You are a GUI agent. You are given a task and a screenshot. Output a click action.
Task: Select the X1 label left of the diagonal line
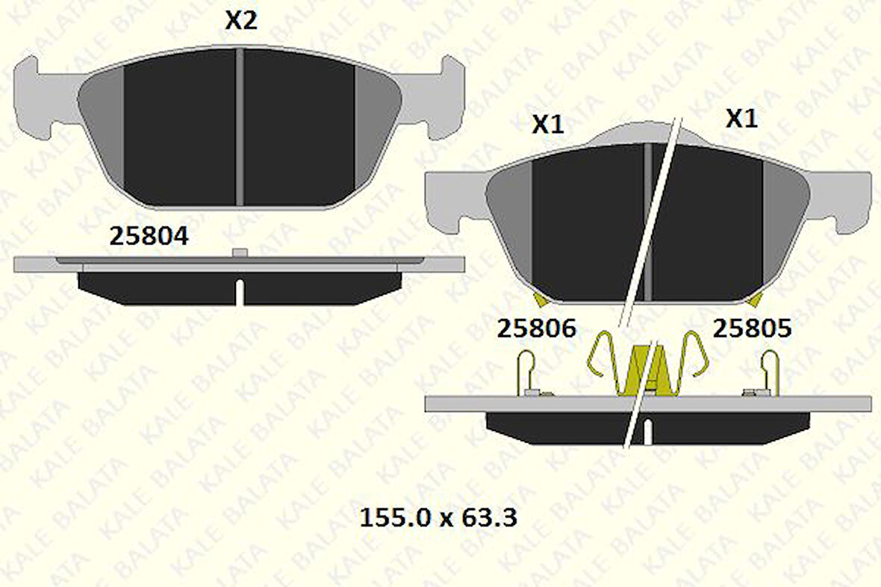[547, 125]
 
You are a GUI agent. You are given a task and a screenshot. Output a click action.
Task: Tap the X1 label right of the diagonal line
[741, 119]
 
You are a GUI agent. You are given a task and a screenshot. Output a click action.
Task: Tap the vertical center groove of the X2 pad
[240, 127]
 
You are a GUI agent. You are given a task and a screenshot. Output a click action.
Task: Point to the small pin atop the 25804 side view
[239, 253]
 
